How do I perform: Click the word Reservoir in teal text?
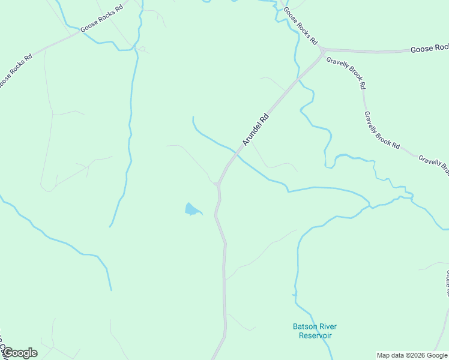coord(315,335)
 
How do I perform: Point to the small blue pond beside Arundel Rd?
coord(192,209)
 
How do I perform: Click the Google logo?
coord(19,353)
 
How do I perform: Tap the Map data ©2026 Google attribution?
coord(412,355)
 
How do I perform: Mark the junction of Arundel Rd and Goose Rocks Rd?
coord(322,50)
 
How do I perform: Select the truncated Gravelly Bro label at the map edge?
coord(433,164)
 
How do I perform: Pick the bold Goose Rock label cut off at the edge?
coord(429,49)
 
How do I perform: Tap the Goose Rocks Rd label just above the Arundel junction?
coord(300,26)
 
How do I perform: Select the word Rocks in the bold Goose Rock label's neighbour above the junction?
coord(303,29)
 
